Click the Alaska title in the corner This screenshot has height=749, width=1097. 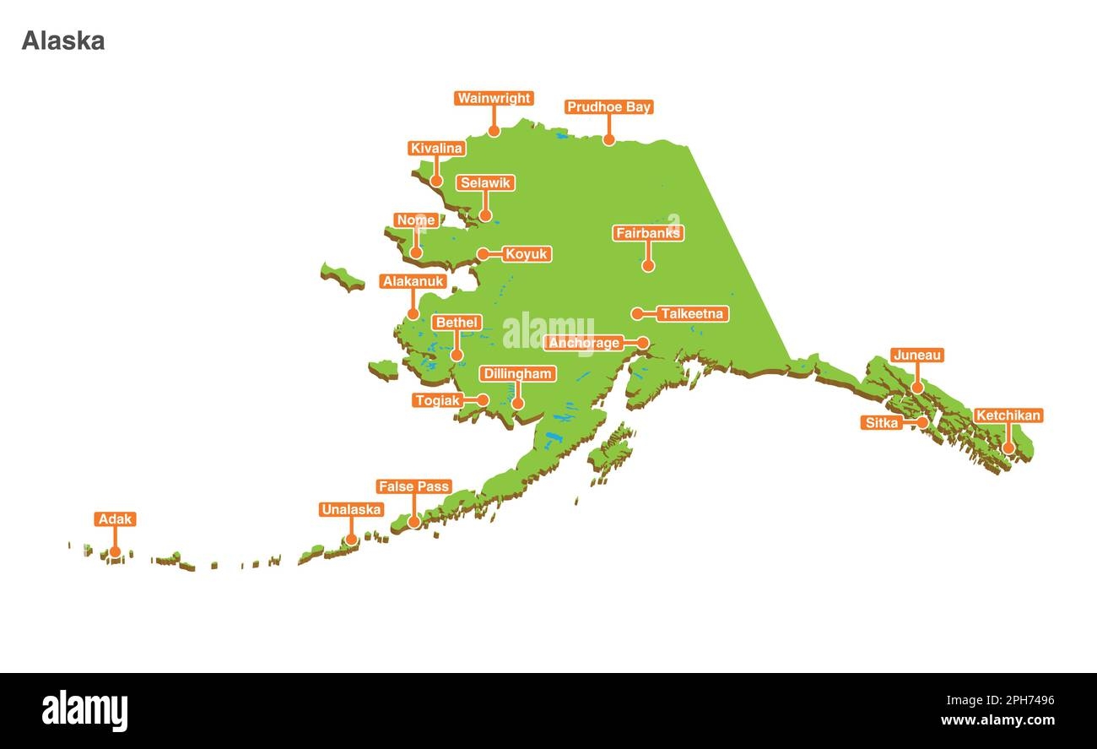point(63,41)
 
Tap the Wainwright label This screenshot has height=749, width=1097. point(494,99)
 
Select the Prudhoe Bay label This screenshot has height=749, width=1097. point(608,107)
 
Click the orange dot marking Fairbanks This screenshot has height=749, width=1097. point(648,265)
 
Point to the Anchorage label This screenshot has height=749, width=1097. point(585,343)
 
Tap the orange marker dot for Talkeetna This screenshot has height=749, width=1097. point(638,314)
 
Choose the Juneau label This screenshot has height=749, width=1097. point(916,356)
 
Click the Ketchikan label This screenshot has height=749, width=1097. point(1008,415)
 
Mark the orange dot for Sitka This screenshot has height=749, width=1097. point(922,422)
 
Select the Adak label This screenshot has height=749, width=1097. point(115,519)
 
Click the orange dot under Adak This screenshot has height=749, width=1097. point(115,552)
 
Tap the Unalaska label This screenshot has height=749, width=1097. point(351,510)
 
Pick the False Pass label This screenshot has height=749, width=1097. point(413,487)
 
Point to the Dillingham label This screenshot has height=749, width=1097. point(517,373)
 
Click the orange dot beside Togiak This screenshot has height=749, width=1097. point(484,400)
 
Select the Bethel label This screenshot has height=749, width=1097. point(457,323)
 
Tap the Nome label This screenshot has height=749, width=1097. point(416,220)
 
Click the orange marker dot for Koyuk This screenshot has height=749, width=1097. point(483,254)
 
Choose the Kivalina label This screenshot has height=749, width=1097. point(436,149)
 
